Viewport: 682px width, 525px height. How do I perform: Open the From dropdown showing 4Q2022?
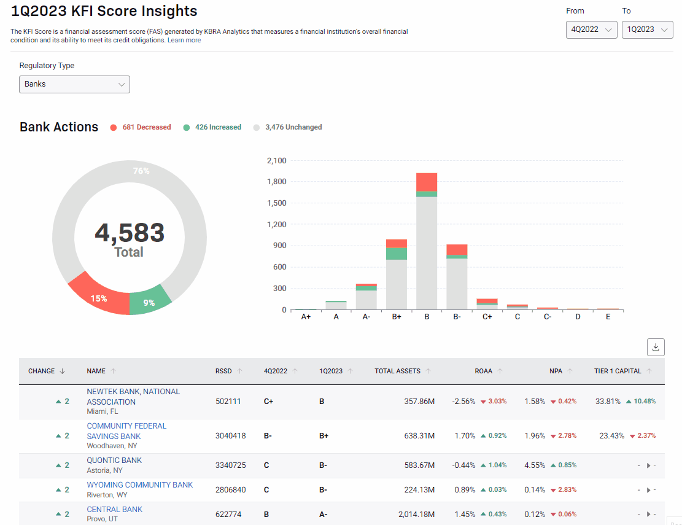coord(591,29)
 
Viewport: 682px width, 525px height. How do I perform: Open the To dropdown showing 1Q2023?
coord(647,29)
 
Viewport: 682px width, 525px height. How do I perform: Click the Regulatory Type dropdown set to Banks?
coord(74,84)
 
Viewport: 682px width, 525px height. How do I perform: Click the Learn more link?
coord(184,40)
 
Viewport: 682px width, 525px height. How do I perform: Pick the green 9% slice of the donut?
coord(149,301)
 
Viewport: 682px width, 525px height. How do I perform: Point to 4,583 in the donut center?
coord(130,233)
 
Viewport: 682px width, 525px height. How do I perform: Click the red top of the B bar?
coord(427,182)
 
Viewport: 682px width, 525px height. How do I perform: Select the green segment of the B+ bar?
coord(397,253)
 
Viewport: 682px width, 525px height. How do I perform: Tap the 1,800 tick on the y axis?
coord(276,182)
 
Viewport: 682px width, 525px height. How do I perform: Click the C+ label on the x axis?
coord(487,317)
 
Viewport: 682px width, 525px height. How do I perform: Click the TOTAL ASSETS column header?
coord(398,371)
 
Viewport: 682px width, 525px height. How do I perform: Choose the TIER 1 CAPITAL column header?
coord(618,371)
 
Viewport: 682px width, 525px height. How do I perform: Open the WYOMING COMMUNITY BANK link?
coord(140,485)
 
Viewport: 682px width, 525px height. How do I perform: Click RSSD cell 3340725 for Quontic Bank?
coord(231,465)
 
